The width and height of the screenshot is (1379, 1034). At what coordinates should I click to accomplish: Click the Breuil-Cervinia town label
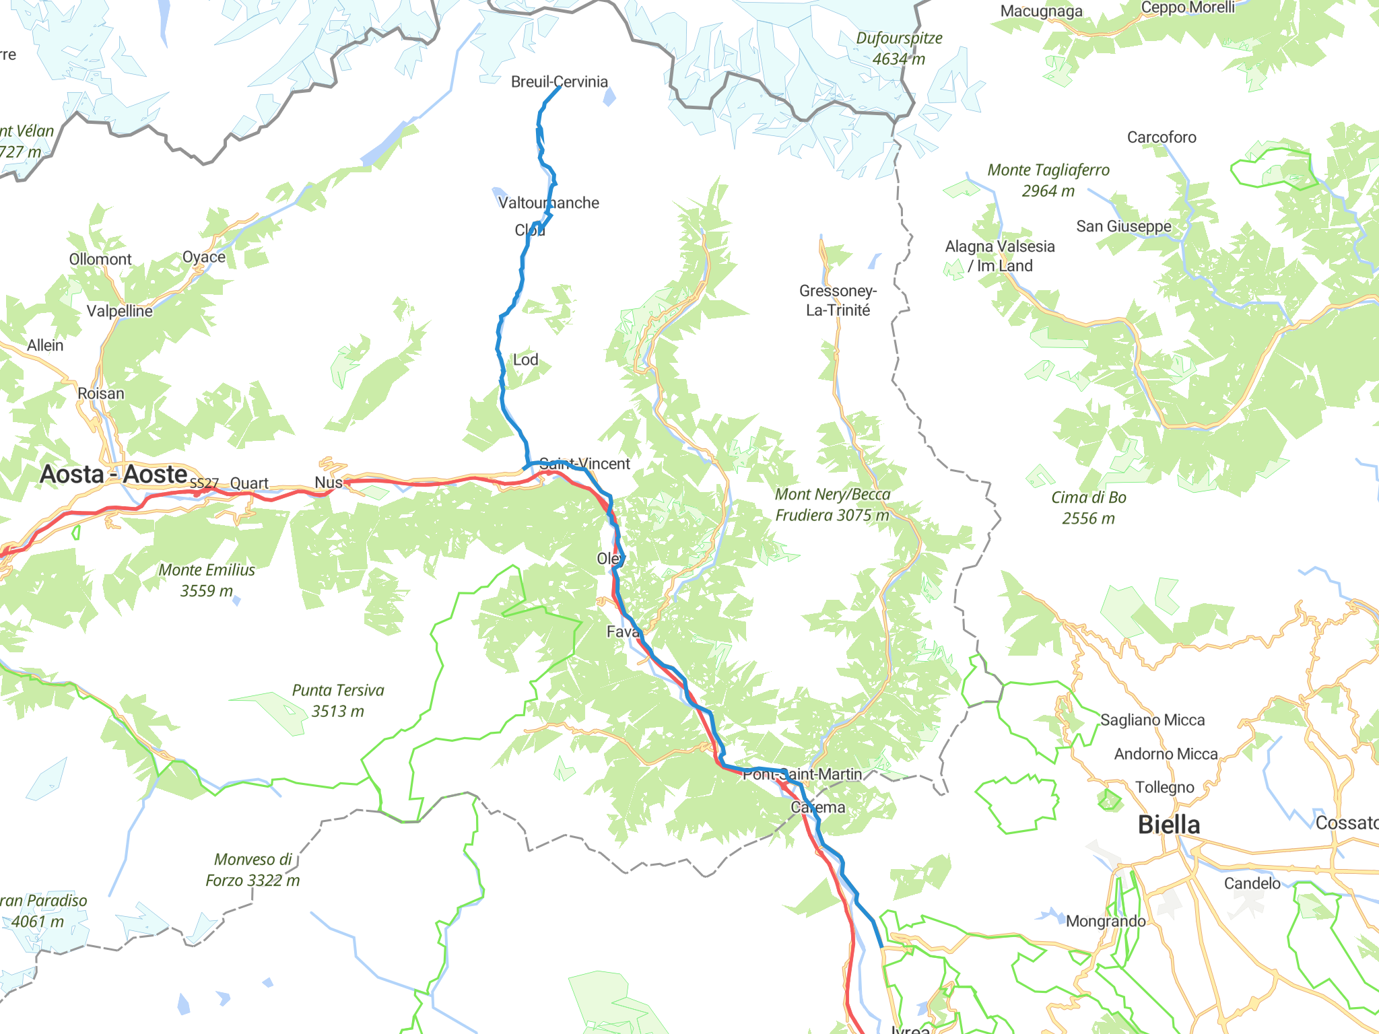[559, 81]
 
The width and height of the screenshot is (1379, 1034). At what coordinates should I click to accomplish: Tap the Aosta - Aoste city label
[113, 475]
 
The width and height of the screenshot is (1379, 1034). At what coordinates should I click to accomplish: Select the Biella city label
[1168, 825]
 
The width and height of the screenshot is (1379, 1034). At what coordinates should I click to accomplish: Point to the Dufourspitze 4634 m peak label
[899, 48]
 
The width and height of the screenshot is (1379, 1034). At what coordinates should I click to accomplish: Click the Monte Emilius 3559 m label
[207, 580]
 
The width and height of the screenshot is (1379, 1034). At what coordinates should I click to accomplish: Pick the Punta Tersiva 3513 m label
[338, 701]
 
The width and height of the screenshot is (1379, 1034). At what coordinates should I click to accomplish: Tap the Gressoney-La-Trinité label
[838, 300]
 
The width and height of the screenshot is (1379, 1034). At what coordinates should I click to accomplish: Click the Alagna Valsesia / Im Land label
[999, 256]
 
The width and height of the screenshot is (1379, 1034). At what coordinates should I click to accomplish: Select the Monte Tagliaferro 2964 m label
[1048, 180]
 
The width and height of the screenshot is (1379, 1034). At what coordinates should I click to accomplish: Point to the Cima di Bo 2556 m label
[1089, 508]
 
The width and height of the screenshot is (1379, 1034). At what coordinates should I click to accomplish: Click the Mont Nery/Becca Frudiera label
[832, 505]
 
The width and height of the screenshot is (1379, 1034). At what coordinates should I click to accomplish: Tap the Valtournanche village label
[548, 203]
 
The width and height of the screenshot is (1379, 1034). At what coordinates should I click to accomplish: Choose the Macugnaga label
[1041, 11]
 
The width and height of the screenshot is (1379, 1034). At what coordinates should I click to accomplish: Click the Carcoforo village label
[1162, 137]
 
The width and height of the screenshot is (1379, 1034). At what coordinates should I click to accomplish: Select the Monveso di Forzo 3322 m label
[253, 870]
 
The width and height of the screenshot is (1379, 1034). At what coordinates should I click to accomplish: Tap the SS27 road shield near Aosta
[204, 483]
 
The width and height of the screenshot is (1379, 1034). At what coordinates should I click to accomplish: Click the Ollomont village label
[100, 259]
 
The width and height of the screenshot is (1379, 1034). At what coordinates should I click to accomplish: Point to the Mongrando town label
[1106, 921]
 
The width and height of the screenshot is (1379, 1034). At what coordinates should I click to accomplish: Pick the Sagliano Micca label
[1152, 720]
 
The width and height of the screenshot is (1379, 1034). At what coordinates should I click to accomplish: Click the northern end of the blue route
[560, 88]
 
